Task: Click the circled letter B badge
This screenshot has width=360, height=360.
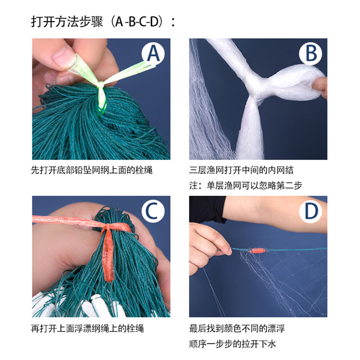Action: coord(311,53)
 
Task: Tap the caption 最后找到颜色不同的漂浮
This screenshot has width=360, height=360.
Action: coord(237,328)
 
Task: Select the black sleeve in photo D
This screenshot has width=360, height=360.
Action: coord(207,209)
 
